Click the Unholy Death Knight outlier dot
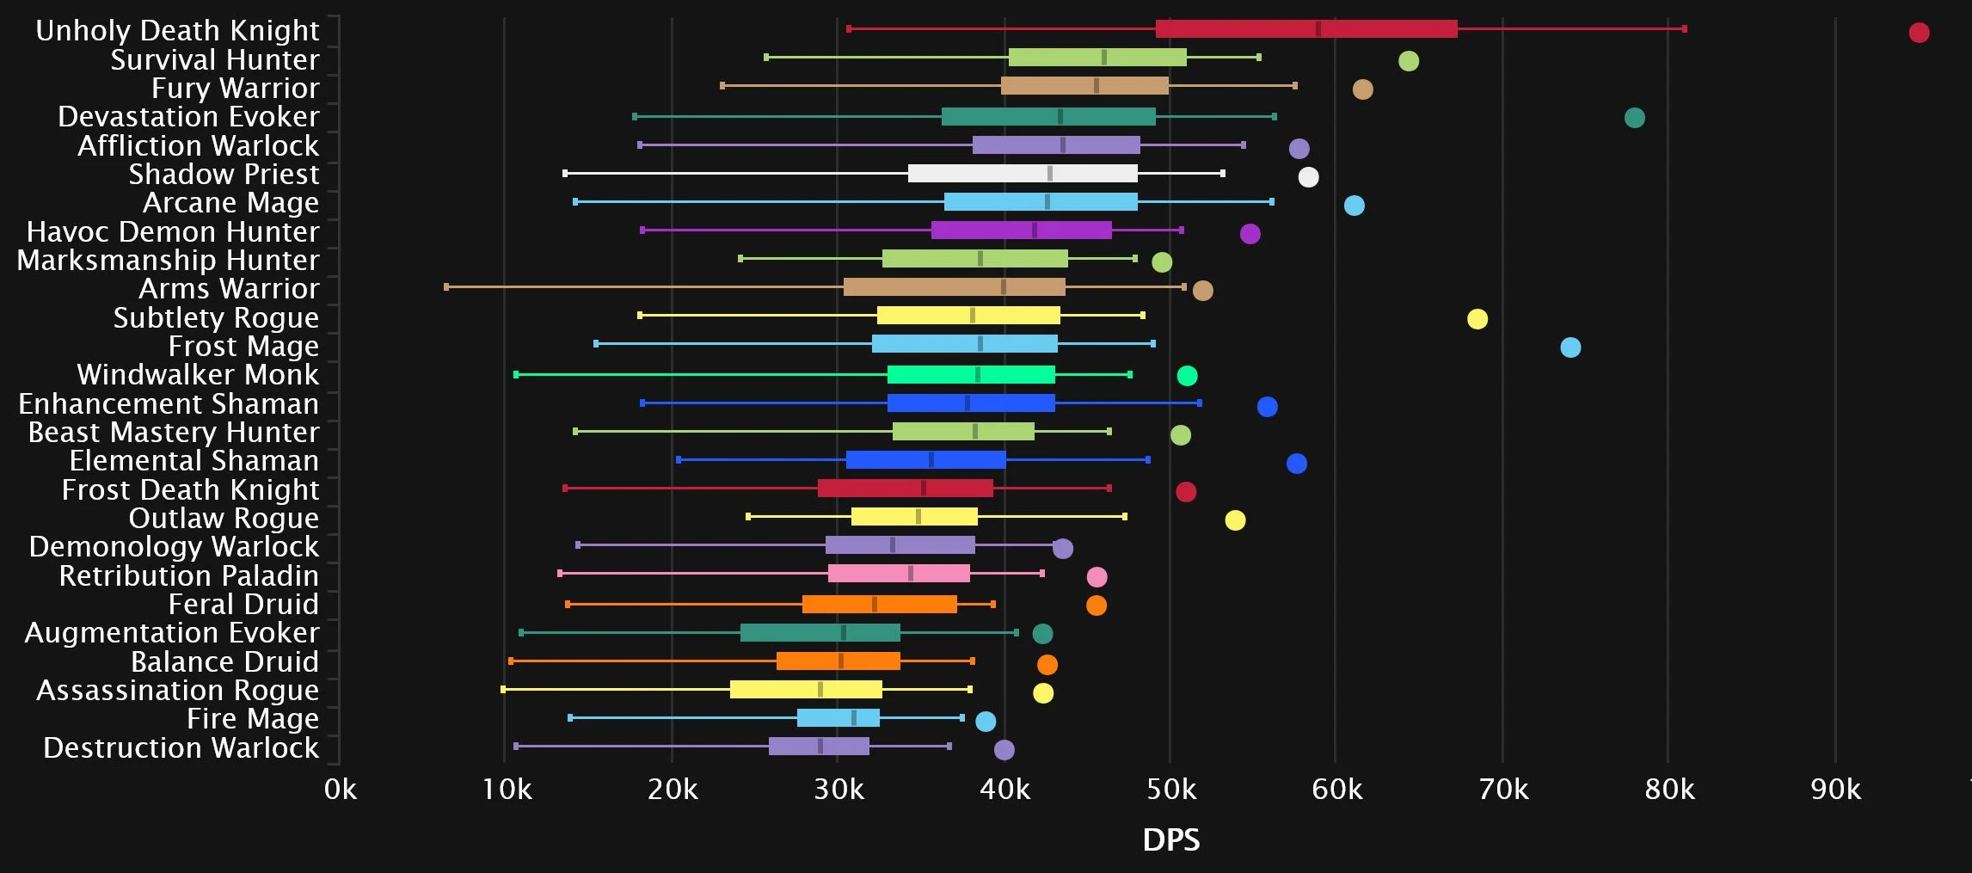1919,33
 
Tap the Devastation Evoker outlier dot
1634,118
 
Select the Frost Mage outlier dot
1570,347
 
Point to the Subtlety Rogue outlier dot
1477,319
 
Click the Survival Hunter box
1097,58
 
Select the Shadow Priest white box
1022,174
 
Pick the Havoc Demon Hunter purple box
1021,231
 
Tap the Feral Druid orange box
879,605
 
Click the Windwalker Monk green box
970,375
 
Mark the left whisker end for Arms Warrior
446,287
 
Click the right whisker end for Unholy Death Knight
1684,29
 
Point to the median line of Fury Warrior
1096,86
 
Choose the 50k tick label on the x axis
1170,790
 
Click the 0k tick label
341,790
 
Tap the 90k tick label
1835,790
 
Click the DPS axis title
1170,840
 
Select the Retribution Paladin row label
188,575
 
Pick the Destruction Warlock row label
181,747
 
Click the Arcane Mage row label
230,203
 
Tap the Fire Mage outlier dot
986,722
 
